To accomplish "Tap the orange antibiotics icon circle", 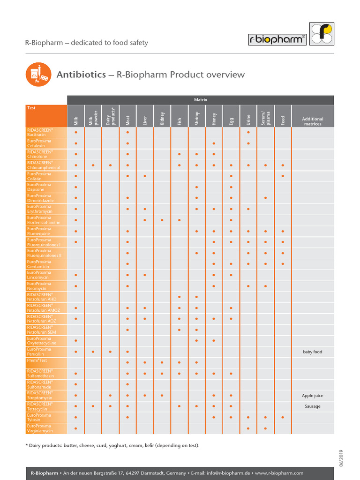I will click(x=37, y=75).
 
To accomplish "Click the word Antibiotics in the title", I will click(x=81, y=75).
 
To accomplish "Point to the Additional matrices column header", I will click(x=313, y=121).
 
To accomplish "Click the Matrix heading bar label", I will click(x=201, y=100).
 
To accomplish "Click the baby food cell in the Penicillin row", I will click(x=313, y=352).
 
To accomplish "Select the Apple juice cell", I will click(x=313, y=396).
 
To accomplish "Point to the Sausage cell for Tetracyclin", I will click(x=313, y=406).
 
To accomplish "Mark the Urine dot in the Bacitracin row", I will click(x=248, y=133).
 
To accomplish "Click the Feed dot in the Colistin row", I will click(x=283, y=176).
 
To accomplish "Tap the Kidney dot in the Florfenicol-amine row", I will click(x=162, y=220).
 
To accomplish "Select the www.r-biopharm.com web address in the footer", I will click(x=280, y=473).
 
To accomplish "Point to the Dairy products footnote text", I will click(x=112, y=445).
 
